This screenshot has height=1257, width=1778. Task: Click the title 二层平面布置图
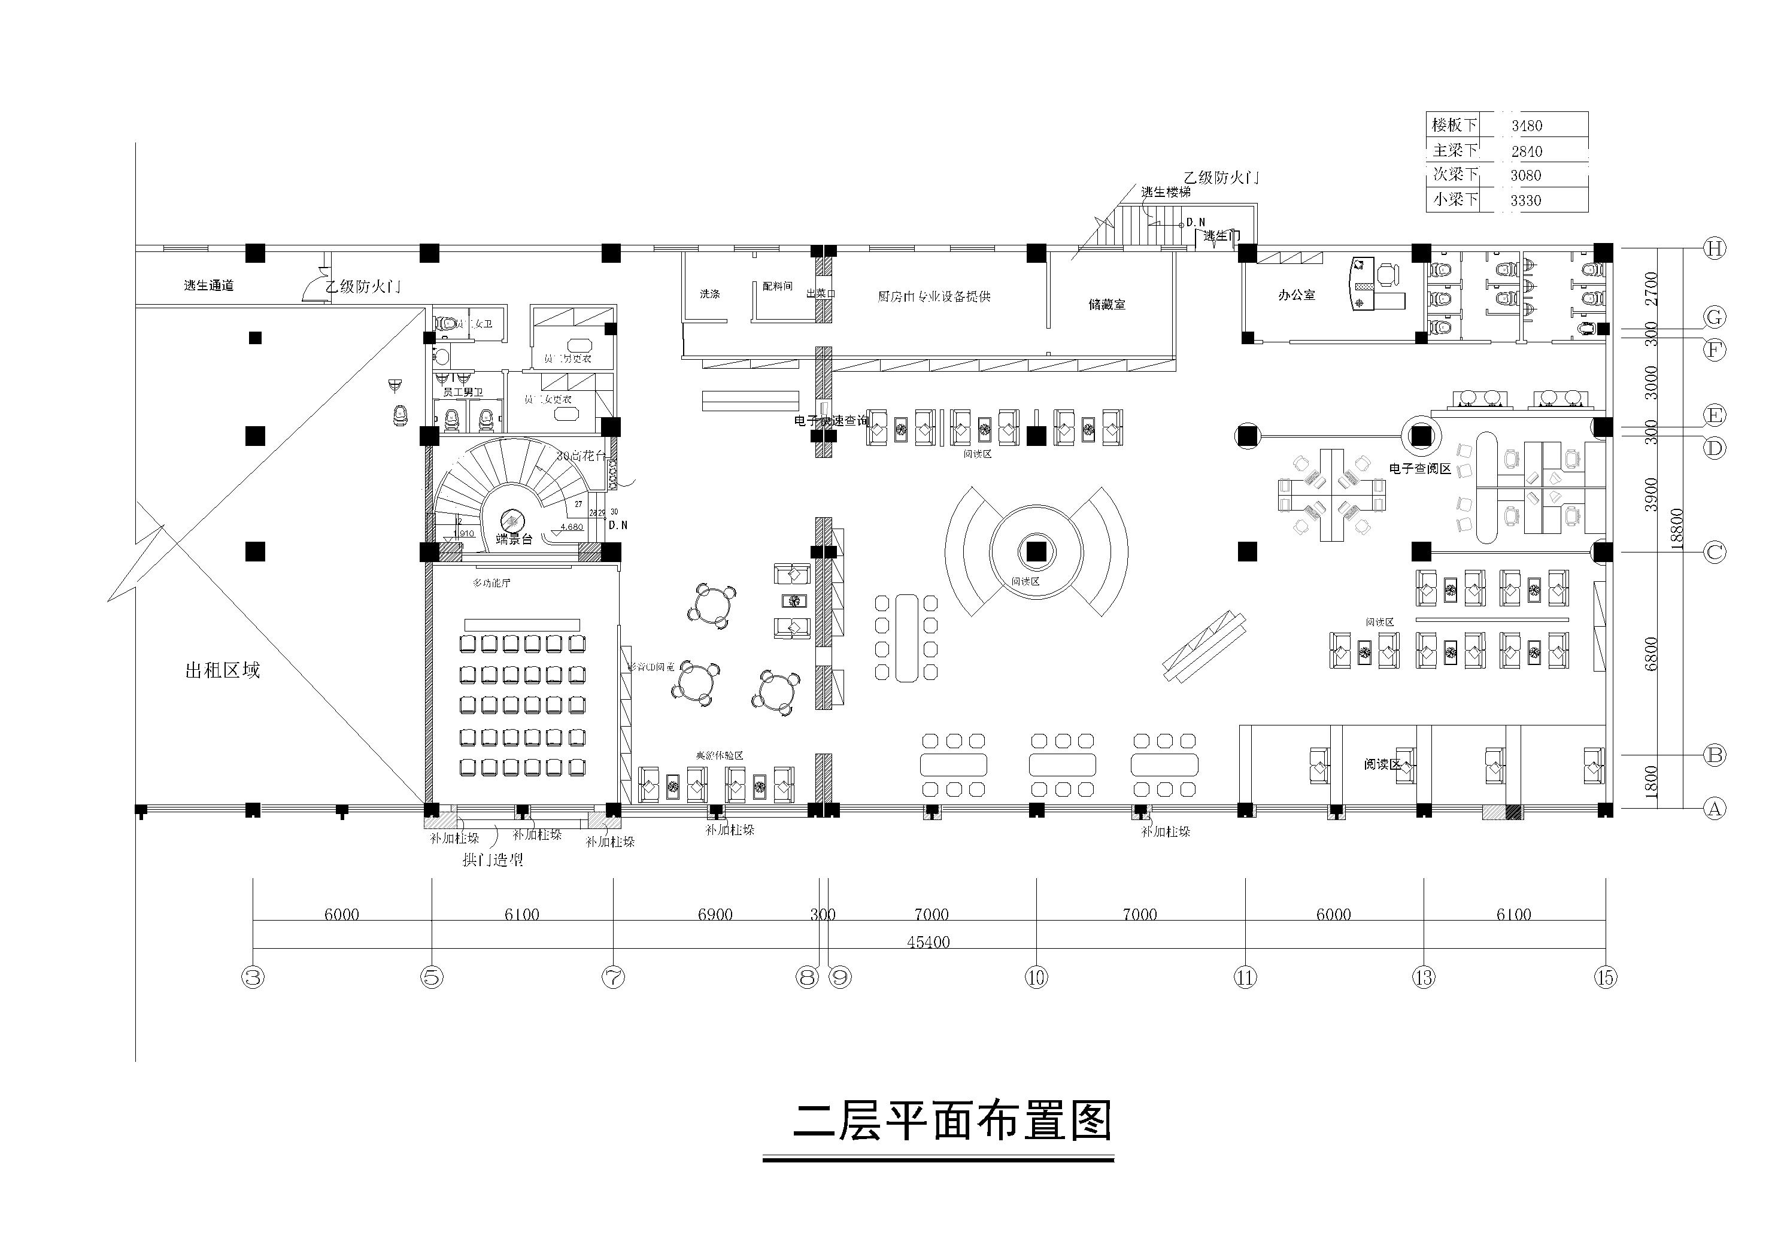(952, 1122)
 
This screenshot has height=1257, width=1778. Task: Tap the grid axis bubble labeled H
(1714, 248)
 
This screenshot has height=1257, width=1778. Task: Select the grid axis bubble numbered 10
(1036, 977)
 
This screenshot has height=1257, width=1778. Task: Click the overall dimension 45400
(928, 942)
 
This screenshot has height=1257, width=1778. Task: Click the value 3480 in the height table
(1527, 126)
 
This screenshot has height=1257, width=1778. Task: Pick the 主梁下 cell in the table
(1454, 150)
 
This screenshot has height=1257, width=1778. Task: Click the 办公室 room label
(1296, 295)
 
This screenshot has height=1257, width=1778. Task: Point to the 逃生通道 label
(209, 285)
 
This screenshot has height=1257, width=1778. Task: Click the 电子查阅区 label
(1419, 469)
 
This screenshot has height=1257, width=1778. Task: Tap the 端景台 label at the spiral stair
(514, 540)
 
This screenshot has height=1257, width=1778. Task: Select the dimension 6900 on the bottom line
(715, 915)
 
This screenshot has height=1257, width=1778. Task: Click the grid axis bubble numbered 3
(253, 977)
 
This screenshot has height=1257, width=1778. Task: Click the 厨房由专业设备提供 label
(934, 296)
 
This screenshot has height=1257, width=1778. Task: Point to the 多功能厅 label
(491, 583)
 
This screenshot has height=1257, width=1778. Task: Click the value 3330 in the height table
(1525, 201)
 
